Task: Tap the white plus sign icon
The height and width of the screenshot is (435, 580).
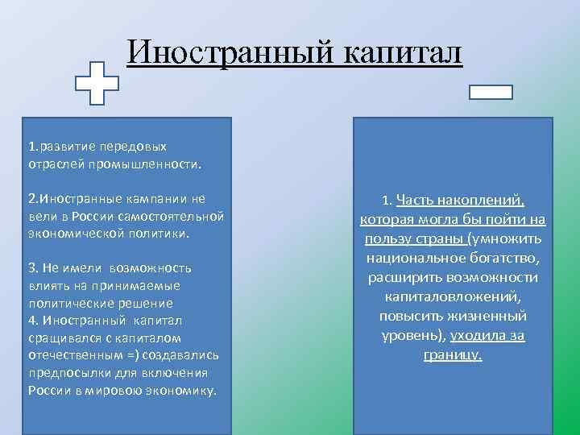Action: click(x=97, y=83)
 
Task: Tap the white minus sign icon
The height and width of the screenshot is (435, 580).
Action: click(x=491, y=92)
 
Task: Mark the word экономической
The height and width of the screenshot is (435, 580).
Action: click(x=66, y=233)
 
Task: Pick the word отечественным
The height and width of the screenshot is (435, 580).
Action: click(x=76, y=355)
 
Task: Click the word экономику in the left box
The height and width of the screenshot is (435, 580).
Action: click(x=183, y=390)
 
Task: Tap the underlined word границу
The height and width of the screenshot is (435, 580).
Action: click(x=452, y=354)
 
